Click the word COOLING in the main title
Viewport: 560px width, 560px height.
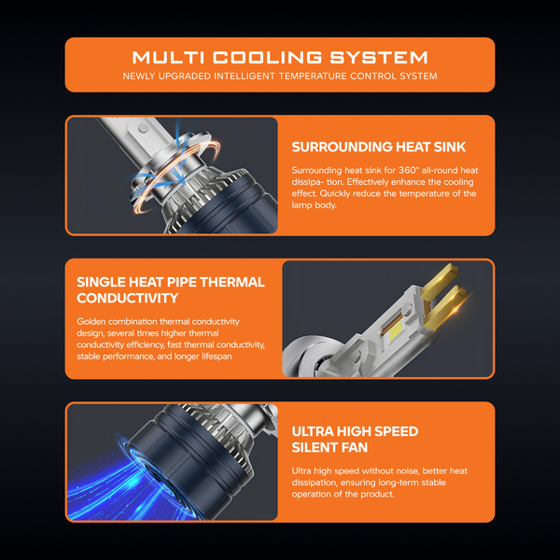[x=267, y=58]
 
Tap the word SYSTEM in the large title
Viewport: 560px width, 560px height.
[x=379, y=58]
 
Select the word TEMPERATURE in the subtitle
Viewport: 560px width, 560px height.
[x=313, y=77]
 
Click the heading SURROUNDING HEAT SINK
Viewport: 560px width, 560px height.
[x=379, y=147]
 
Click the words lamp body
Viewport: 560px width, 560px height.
[x=314, y=205]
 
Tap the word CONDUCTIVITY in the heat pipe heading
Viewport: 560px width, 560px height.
[x=128, y=298]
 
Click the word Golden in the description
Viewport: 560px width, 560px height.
[x=91, y=321]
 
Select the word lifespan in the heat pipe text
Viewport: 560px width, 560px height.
[x=217, y=357]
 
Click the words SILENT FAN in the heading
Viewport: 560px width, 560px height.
[x=329, y=447]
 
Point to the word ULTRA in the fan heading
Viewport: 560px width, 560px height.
[x=313, y=431]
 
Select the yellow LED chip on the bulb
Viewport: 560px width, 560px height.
[x=393, y=331]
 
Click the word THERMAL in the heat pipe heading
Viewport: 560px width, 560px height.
[x=232, y=282]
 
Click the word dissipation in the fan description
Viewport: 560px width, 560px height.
[x=315, y=483]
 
